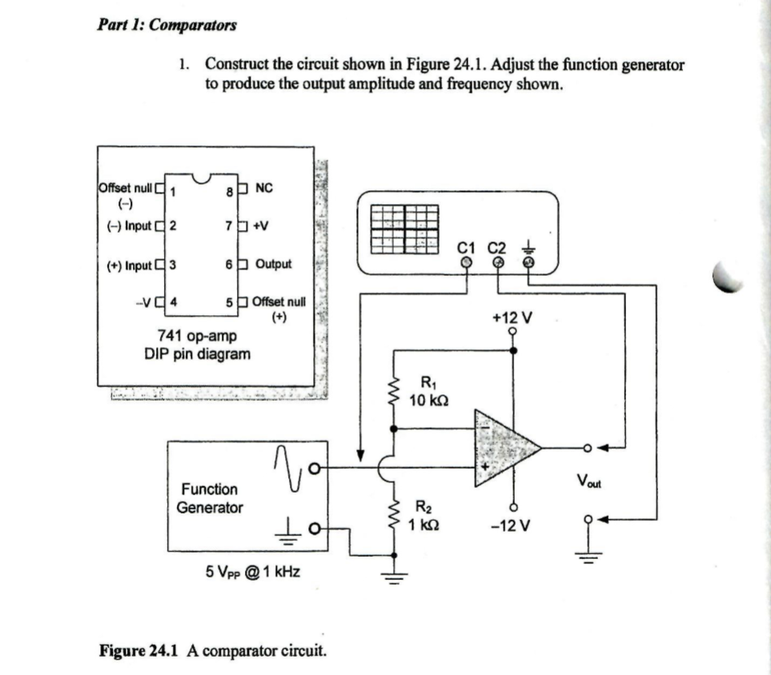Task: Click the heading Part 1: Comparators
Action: [x=167, y=24]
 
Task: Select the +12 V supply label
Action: [x=512, y=318]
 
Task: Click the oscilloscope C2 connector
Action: [x=497, y=261]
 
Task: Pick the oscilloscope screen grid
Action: [x=405, y=229]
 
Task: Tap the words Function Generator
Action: [x=210, y=497]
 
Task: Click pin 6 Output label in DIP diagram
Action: [x=273, y=264]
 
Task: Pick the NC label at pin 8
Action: [x=263, y=189]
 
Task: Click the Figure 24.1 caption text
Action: [x=212, y=650]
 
